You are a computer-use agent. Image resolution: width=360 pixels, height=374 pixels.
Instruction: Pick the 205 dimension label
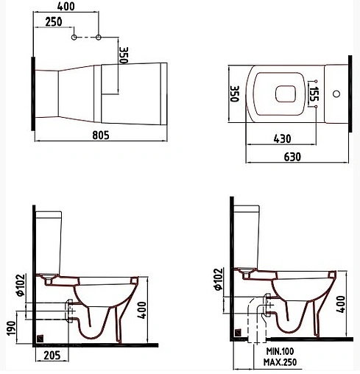(50, 356)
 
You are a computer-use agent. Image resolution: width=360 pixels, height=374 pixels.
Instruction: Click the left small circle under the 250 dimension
(74, 36)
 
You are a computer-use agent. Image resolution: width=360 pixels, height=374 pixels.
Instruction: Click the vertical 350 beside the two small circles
(124, 54)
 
